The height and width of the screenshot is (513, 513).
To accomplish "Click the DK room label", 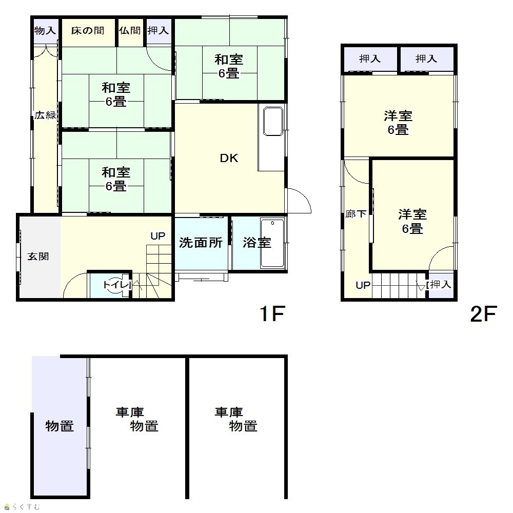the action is pyautogui.click(x=229, y=159).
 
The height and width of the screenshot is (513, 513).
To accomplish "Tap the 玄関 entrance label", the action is pyautogui.click(x=38, y=256).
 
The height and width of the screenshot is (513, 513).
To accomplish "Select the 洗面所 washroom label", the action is pyautogui.click(x=201, y=243).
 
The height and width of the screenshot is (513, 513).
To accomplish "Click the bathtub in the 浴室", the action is pyautogui.click(x=272, y=243).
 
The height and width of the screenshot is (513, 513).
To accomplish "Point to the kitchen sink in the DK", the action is pyautogui.click(x=273, y=121).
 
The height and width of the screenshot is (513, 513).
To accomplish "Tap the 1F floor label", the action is pyautogui.click(x=272, y=313).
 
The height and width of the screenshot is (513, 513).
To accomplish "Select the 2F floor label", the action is pyautogui.click(x=484, y=313).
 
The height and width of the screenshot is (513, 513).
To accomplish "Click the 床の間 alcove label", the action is pyautogui.click(x=88, y=31).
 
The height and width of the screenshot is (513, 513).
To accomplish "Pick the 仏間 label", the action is pyautogui.click(x=130, y=31).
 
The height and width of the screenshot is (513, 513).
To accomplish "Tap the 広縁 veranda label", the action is pyautogui.click(x=46, y=115).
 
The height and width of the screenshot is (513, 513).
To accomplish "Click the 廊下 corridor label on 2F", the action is pyautogui.click(x=356, y=214).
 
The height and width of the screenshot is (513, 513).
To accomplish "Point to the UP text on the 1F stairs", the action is pyautogui.click(x=157, y=236).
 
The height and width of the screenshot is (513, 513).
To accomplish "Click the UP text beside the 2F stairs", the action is pyautogui.click(x=363, y=285).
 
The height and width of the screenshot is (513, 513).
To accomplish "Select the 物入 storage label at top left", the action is pyautogui.click(x=45, y=31).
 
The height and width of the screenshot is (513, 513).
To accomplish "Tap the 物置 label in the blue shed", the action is pyautogui.click(x=60, y=426).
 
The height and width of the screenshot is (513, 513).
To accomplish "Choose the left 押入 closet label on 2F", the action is pyautogui.click(x=370, y=59).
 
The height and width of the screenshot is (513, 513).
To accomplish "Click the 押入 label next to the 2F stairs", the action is pyautogui.click(x=441, y=284).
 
